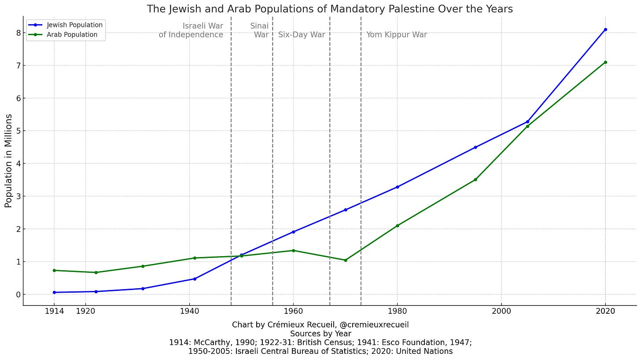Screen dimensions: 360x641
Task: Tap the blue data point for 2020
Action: point(605,29)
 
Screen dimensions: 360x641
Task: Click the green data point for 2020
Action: point(605,62)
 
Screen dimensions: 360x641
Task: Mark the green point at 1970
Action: point(345,260)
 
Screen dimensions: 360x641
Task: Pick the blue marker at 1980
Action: point(397,187)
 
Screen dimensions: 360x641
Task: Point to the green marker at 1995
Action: point(475,180)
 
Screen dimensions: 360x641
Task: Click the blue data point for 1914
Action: point(54,292)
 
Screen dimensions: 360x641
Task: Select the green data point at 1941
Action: point(195,258)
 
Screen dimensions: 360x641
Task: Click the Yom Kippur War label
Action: point(396,35)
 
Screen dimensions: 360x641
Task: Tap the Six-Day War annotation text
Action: point(302,35)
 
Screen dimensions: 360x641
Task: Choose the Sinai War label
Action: point(260,30)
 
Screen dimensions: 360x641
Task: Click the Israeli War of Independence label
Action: point(191,30)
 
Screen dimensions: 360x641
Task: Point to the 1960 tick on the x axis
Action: point(293,312)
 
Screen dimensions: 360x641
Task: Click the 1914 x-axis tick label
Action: point(54,312)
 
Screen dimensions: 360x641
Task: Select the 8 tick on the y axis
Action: point(18,33)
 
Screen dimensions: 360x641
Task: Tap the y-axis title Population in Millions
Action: point(9,161)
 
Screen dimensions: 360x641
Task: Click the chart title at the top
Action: point(329,9)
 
